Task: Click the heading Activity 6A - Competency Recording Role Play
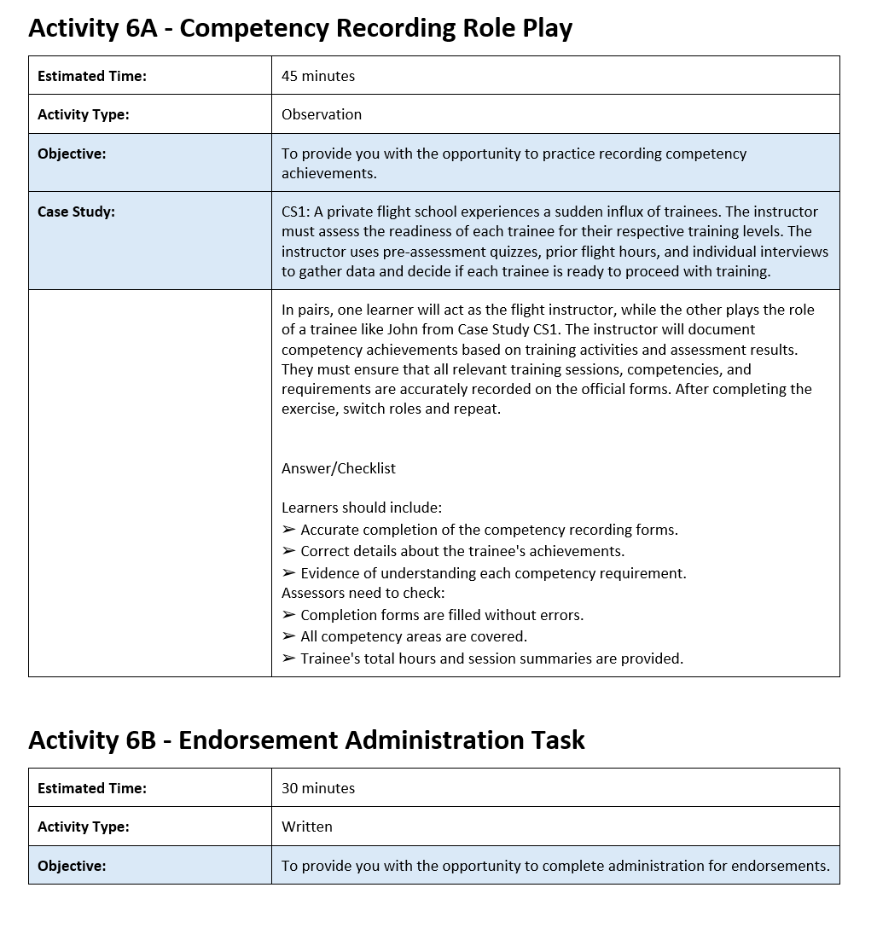pyautogui.click(x=300, y=28)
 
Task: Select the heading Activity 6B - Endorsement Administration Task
pyautogui.click(x=306, y=740)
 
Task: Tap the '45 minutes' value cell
pyautogui.click(x=318, y=76)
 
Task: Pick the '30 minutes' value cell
pyautogui.click(x=318, y=788)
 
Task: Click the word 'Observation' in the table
pyautogui.click(x=322, y=114)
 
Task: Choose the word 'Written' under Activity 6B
pyautogui.click(x=307, y=827)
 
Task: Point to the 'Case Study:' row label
pyautogui.click(x=76, y=212)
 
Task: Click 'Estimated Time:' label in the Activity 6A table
pyautogui.click(x=92, y=76)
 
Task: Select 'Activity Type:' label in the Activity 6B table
pyautogui.click(x=84, y=827)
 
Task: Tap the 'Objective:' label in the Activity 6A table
pyautogui.click(x=72, y=154)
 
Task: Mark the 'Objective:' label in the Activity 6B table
pyautogui.click(x=72, y=866)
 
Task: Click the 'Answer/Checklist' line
pyautogui.click(x=339, y=468)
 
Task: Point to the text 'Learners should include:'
pyautogui.click(x=362, y=508)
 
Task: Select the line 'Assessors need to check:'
pyautogui.click(x=363, y=593)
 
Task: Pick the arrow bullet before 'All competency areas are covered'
pyautogui.click(x=288, y=636)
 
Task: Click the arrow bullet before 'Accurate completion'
pyautogui.click(x=288, y=530)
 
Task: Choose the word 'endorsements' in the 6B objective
pyautogui.click(x=786, y=866)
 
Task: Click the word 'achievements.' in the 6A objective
pyautogui.click(x=329, y=173)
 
